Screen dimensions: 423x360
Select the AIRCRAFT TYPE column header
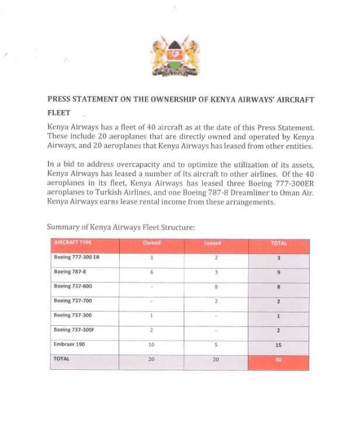[73, 243]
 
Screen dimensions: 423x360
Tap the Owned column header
[151, 243]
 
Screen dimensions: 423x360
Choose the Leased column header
[216, 243]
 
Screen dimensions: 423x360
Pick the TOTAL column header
[279, 243]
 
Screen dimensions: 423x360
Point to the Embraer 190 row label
[70, 345]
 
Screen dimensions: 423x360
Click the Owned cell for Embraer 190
[151, 345]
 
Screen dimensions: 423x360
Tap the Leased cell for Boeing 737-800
[216, 287]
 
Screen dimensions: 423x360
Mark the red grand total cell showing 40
[279, 359]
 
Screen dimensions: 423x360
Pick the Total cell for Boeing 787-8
[279, 272]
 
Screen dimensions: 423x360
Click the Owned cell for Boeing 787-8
[151, 272]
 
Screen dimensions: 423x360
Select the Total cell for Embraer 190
[279, 345]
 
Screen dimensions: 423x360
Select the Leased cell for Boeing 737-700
[216, 301]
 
